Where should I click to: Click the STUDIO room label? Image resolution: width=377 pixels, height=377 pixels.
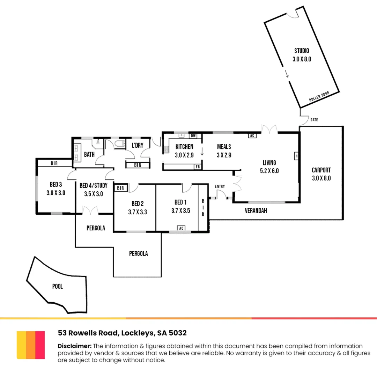click(x=302, y=51)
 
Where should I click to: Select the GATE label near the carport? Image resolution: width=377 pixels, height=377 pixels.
click(x=314, y=120)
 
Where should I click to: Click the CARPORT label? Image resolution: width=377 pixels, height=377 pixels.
click(x=321, y=170)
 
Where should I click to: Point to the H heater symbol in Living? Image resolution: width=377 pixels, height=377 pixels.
click(x=296, y=156)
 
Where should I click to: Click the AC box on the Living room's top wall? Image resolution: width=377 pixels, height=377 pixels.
click(x=252, y=135)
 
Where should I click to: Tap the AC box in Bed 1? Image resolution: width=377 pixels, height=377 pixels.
click(x=181, y=228)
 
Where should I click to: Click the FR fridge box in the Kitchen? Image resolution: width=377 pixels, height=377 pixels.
click(x=198, y=167)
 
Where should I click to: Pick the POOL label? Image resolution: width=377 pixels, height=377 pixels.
click(x=58, y=287)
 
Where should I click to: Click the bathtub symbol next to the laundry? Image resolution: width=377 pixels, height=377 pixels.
click(x=118, y=145)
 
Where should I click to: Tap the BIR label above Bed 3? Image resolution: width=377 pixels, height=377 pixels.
click(x=54, y=163)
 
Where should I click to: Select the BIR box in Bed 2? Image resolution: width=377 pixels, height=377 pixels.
click(x=121, y=188)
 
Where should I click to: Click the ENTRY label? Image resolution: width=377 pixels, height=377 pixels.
click(x=220, y=186)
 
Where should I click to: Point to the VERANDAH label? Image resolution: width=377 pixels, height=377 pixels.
click(x=256, y=211)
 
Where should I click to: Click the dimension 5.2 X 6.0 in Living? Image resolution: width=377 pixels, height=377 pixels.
click(x=269, y=171)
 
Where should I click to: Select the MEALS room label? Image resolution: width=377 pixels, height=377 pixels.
click(x=224, y=147)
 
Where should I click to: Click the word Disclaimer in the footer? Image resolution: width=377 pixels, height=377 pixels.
click(x=74, y=346)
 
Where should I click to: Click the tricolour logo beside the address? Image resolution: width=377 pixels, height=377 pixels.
click(x=31, y=345)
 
